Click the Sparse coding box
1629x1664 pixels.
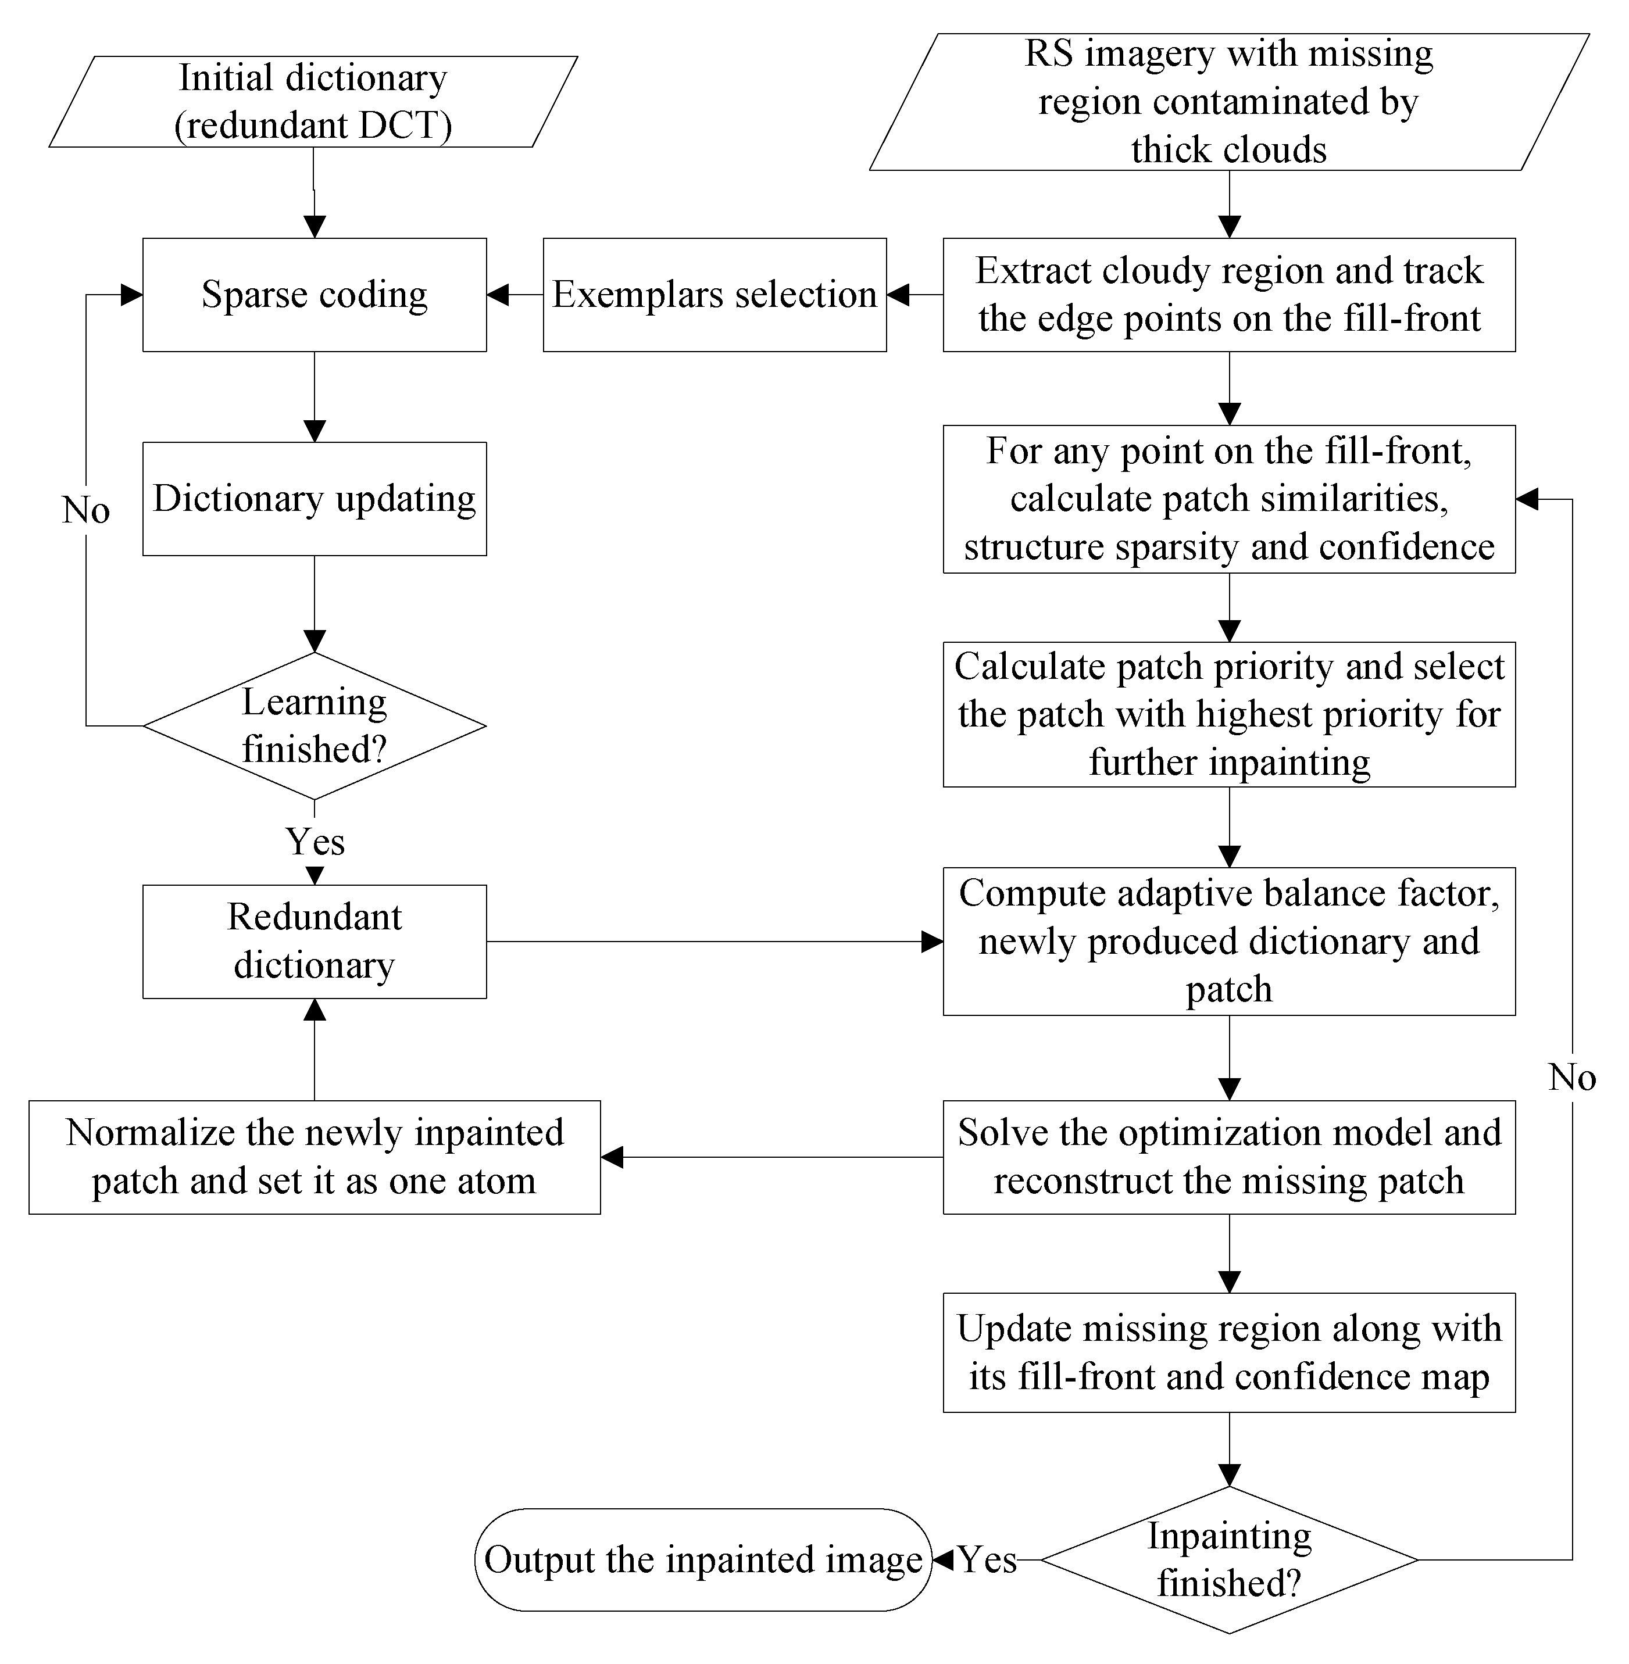coord(314,294)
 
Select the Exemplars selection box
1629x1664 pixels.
coord(715,294)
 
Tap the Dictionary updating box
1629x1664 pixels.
coord(314,499)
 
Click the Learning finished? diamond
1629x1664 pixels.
coord(314,725)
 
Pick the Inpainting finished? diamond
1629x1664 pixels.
coord(1228,1559)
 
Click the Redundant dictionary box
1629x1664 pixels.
coord(314,941)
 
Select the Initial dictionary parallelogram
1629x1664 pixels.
coord(313,101)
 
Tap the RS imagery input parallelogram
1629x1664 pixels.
coord(1228,101)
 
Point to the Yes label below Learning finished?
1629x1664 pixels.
coord(315,842)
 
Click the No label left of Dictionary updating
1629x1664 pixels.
coord(85,511)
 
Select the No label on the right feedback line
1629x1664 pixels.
coord(1571,1077)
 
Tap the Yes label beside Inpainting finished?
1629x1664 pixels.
coord(987,1559)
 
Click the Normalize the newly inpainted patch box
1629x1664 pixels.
coord(314,1157)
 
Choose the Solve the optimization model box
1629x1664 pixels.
coord(1228,1157)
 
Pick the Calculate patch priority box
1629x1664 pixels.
coord(1228,714)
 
